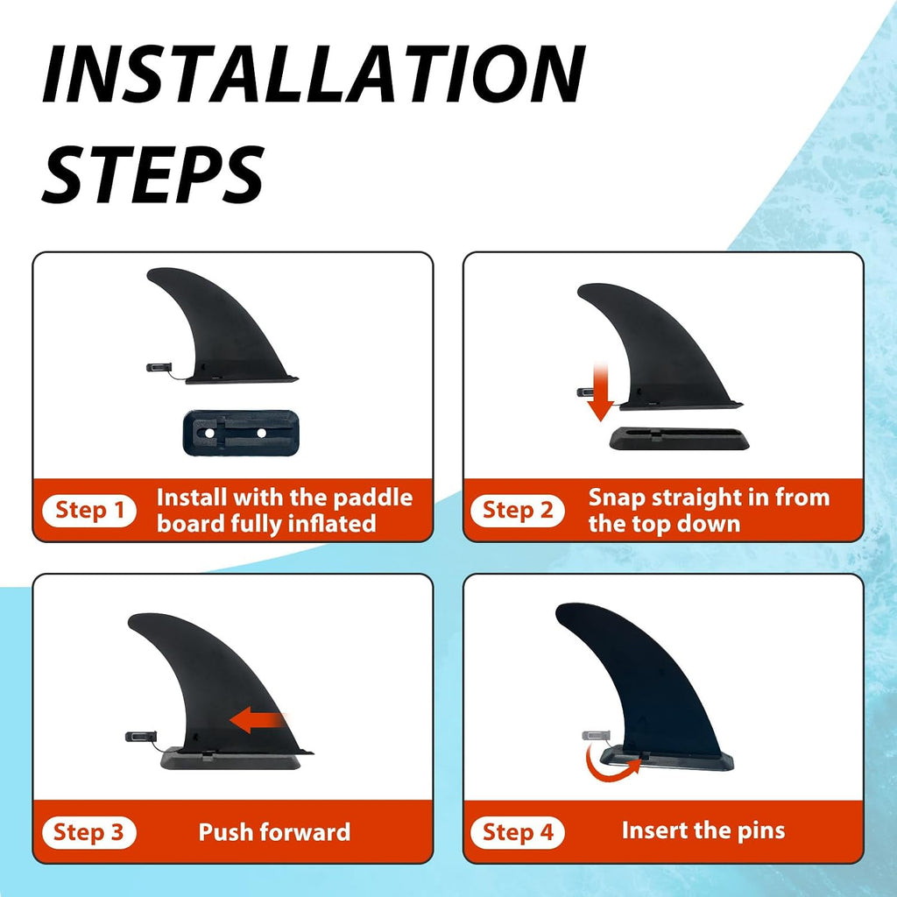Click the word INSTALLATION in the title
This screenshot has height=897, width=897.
click(x=314, y=74)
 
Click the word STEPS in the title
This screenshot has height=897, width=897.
click(x=153, y=174)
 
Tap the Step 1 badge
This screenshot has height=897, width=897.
click(x=89, y=511)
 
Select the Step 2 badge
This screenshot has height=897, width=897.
click(x=517, y=511)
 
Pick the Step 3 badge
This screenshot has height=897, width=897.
click(x=89, y=832)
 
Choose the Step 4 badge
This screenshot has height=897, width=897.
click(x=517, y=832)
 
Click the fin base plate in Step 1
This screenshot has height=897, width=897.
click(x=240, y=433)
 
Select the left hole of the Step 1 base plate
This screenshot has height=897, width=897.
click(x=210, y=433)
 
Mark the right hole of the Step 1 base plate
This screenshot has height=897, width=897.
click(x=261, y=433)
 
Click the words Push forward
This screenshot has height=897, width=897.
click(x=274, y=832)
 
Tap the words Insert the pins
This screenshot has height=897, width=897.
click(x=703, y=830)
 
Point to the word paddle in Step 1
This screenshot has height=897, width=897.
click(x=372, y=498)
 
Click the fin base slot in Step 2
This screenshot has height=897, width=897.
click(x=679, y=438)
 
